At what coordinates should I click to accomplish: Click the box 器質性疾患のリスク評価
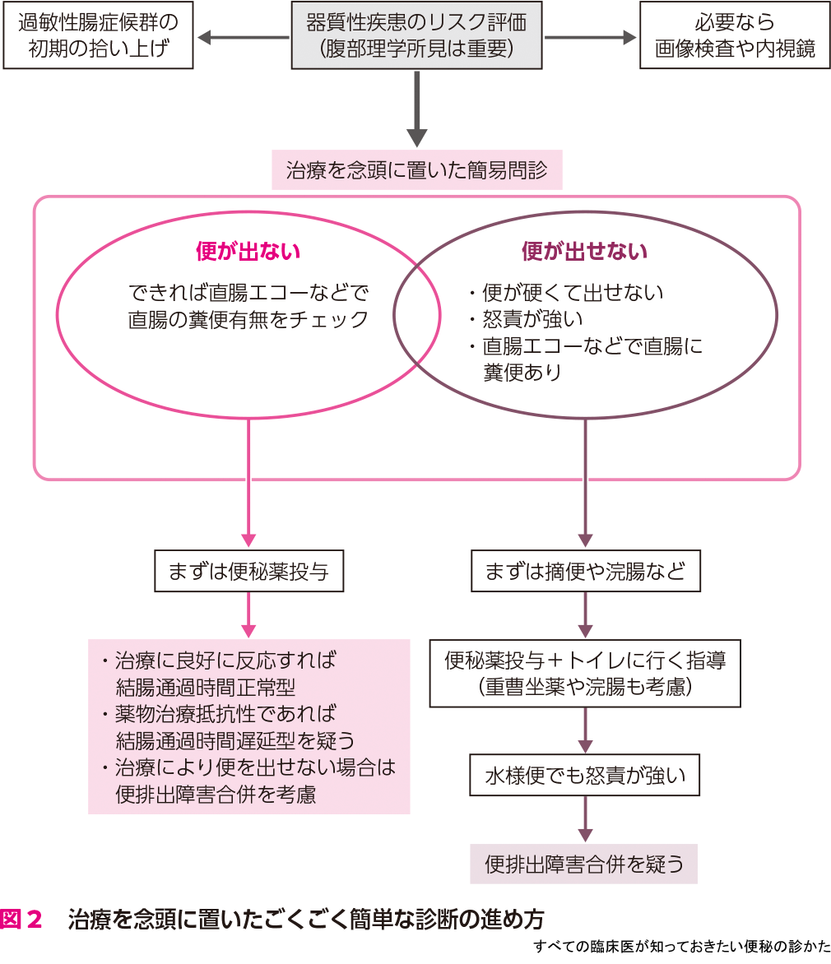tap(416, 35)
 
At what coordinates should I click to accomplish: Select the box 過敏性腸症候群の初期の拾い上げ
tap(99, 35)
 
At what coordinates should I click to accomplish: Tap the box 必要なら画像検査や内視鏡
tap(735, 35)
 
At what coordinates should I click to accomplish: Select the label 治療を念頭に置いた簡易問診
tap(417, 171)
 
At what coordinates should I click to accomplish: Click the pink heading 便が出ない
tap(248, 251)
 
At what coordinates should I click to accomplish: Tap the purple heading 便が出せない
tap(584, 251)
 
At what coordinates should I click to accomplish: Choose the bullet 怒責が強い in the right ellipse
tap(535, 319)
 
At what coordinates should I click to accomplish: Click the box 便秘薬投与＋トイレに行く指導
tap(585, 673)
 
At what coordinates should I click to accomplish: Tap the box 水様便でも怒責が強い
tap(584, 775)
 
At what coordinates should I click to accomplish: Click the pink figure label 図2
tap(22, 919)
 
